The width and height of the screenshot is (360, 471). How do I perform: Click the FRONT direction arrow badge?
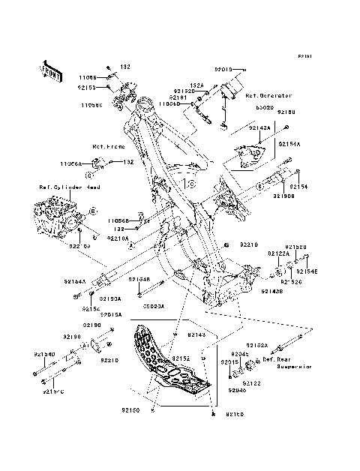49,70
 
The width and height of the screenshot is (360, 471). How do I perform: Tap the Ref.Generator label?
268,96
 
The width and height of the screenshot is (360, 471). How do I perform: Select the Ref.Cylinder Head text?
65,188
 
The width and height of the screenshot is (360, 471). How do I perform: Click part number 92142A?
259,128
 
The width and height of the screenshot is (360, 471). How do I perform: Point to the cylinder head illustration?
56,214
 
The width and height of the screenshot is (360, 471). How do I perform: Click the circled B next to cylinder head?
94,213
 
